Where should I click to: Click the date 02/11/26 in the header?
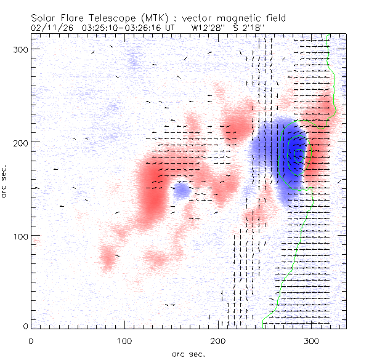49,27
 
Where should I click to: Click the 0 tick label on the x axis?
31,340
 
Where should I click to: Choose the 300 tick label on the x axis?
312,340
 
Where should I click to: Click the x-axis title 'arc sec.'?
187,353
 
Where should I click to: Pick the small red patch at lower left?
109,259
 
